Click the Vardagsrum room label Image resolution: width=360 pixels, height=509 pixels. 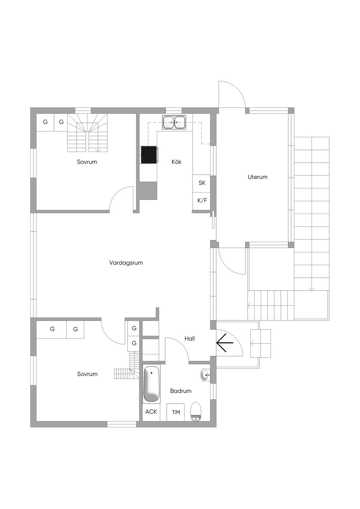point(126,263)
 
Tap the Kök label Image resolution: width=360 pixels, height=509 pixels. point(176,162)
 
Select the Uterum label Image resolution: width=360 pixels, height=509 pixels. point(257,177)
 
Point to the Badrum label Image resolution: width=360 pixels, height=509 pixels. point(181,391)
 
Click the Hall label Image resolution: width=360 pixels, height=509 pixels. point(189,339)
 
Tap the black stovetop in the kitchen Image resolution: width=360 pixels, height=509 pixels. point(149,155)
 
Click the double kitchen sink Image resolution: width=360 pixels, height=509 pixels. point(174,122)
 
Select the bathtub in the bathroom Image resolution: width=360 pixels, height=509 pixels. point(151,384)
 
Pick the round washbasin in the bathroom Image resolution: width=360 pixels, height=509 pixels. point(206,374)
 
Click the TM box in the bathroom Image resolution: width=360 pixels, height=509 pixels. point(175,412)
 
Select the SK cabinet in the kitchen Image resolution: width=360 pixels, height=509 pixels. point(201,183)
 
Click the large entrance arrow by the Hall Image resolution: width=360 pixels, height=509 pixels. point(225,342)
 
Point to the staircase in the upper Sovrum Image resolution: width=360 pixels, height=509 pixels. point(87,133)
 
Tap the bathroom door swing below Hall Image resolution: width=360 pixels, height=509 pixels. point(177,349)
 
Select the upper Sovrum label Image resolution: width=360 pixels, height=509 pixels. point(87,162)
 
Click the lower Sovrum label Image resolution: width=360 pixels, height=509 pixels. point(87,374)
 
